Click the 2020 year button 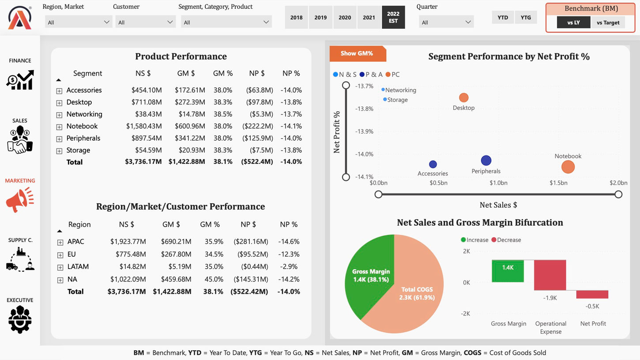click(345, 18)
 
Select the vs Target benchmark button click(608, 23)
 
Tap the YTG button click(525, 18)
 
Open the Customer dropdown click(145, 22)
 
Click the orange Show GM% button click(357, 53)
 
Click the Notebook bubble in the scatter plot click(568, 167)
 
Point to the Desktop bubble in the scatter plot click(463, 98)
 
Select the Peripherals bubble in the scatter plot click(486, 161)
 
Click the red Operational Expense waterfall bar click(550, 275)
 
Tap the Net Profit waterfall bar click(592, 294)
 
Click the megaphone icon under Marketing click(20, 200)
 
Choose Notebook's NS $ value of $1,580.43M click(144, 126)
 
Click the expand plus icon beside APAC click(60, 242)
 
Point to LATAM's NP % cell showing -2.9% click(289, 267)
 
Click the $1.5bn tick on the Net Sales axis click(558, 183)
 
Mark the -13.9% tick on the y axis click(364, 132)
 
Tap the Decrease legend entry click(508, 240)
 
